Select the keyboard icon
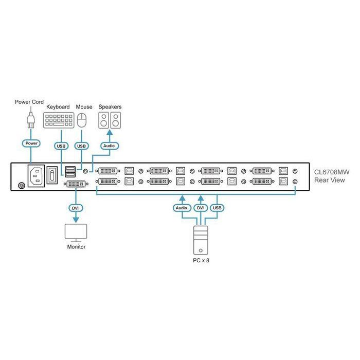click(58, 121)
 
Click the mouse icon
click(82, 121)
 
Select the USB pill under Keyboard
click(61, 146)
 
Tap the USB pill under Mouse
click(82, 146)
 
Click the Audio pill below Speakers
click(109, 146)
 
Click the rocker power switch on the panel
click(52, 175)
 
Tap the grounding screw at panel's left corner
click(21, 186)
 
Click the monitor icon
click(76, 232)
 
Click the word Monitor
click(76, 247)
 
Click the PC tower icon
click(201, 240)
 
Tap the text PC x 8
click(201, 261)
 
